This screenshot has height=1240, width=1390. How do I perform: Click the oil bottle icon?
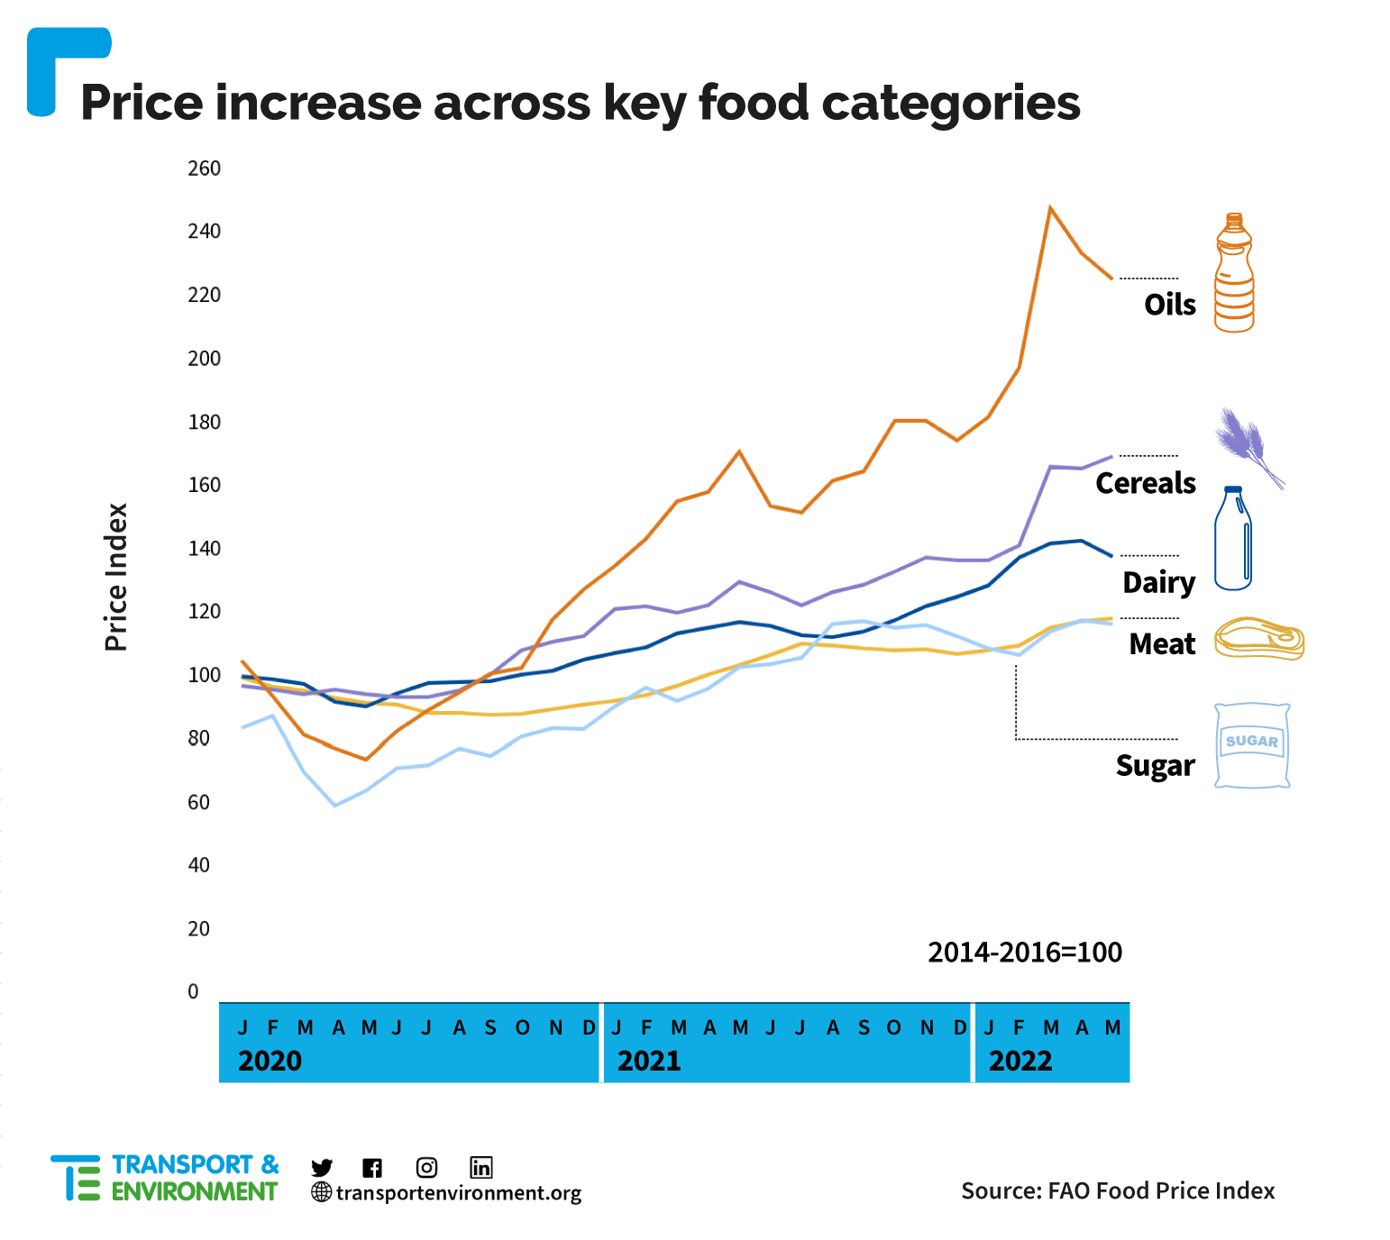(x=1234, y=273)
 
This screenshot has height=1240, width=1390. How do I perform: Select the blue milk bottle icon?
(x=1233, y=539)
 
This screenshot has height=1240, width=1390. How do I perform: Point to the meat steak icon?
(x=1259, y=639)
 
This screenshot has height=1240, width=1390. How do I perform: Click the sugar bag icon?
(x=1252, y=745)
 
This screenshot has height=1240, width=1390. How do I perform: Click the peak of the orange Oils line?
(x=1050, y=206)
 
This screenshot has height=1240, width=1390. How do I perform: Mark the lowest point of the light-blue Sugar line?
(x=335, y=805)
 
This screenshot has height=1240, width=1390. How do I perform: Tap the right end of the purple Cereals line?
(x=1111, y=457)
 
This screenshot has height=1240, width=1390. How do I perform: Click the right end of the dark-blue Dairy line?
(x=1111, y=556)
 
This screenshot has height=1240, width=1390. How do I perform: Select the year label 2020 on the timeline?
(x=270, y=1061)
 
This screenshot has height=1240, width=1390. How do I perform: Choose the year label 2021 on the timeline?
(x=649, y=1061)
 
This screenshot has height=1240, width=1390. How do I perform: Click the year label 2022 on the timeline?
(x=1020, y=1061)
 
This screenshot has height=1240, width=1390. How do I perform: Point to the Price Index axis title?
(x=116, y=577)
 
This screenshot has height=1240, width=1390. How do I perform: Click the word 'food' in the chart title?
(x=754, y=102)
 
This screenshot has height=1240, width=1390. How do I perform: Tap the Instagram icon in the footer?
(x=427, y=1168)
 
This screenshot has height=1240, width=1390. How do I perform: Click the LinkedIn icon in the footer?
(x=481, y=1168)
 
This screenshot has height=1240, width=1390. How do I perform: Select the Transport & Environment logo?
(x=165, y=1178)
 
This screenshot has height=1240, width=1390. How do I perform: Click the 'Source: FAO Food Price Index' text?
(x=1118, y=1191)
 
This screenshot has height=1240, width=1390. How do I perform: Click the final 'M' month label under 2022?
(x=1113, y=1027)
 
